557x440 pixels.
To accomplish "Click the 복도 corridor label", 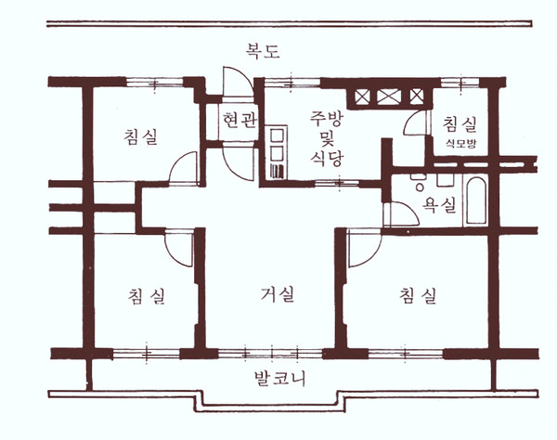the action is pos(263,51).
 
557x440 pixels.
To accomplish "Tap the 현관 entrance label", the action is pos(239,121).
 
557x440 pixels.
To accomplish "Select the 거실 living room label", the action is pos(278,294).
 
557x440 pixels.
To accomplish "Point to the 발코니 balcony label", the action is pos(280,379).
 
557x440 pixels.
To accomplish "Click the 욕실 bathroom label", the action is pos(439,205).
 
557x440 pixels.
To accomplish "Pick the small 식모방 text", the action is pos(460,144).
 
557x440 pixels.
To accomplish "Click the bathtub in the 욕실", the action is pos(476,201).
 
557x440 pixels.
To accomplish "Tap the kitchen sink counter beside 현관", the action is pos(277,151).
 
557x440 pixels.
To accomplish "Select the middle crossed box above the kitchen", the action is pos(389,97).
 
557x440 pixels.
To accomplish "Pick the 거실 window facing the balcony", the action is pos(271,354).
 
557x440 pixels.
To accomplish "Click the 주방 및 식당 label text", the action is pos(326,138).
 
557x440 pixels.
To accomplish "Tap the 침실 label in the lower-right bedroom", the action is pos(418,295).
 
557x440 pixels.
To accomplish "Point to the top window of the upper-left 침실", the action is pos(154,83).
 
